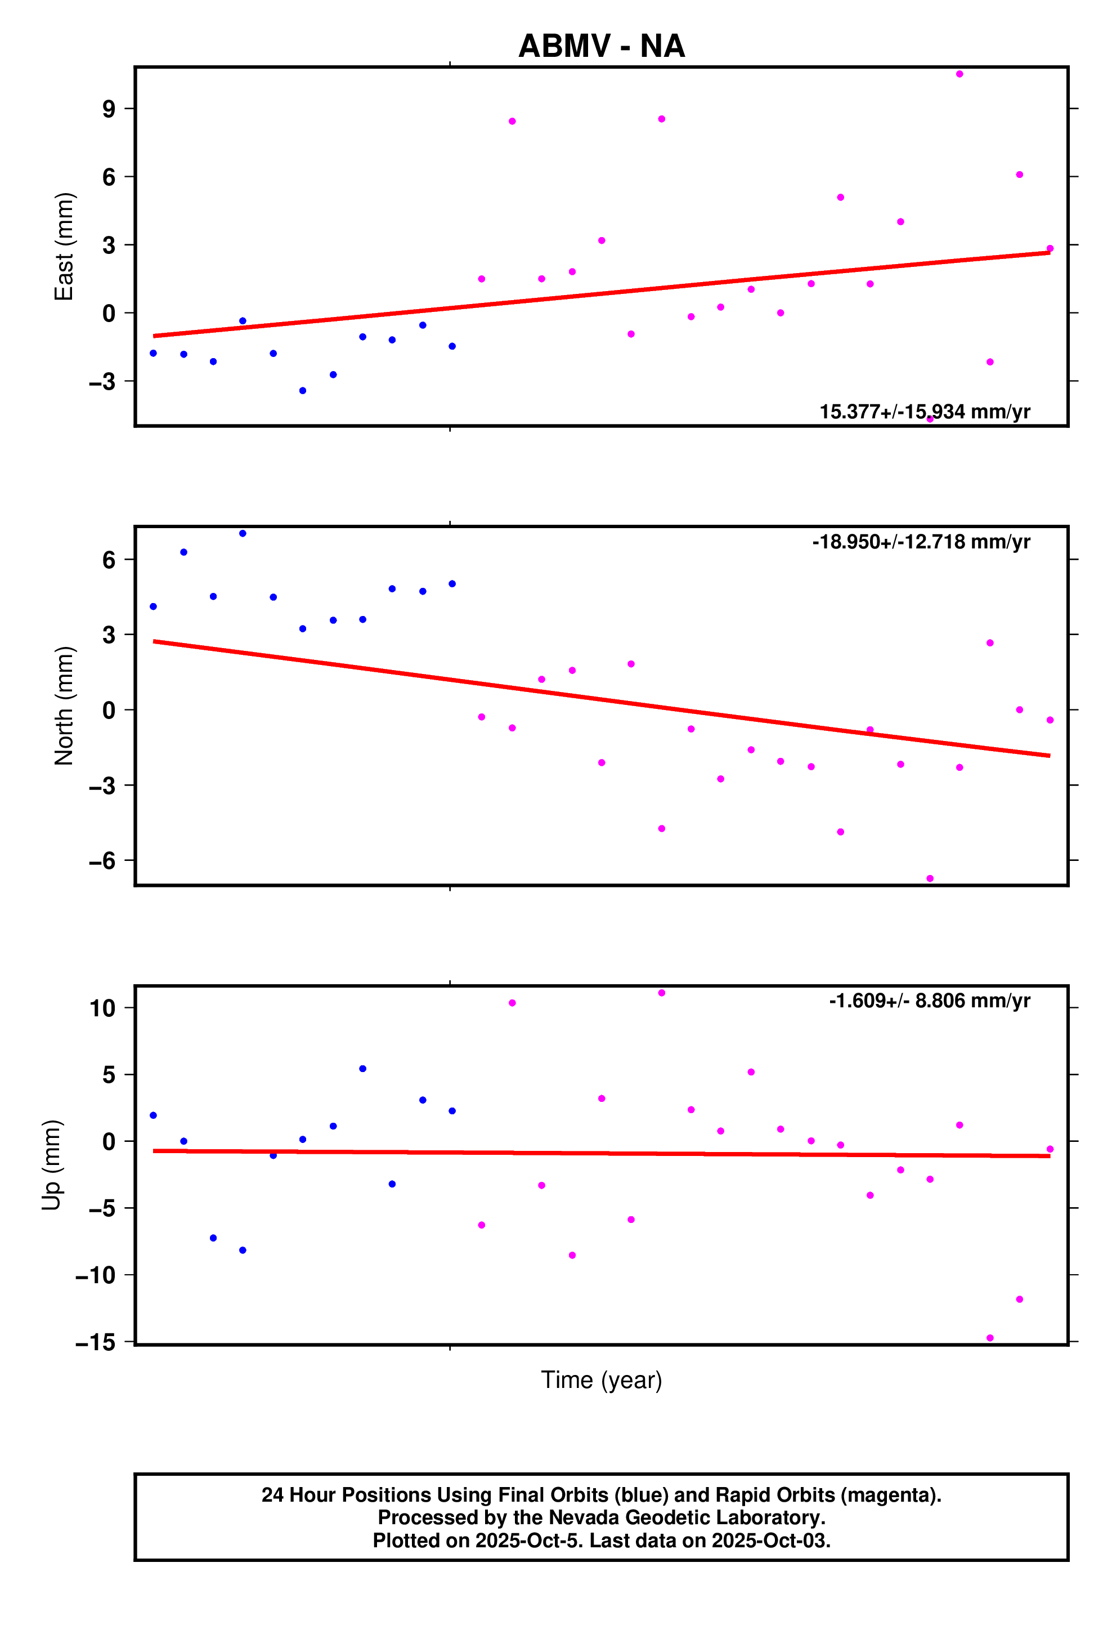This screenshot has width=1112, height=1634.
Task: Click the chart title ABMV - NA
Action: [x=601, y=46]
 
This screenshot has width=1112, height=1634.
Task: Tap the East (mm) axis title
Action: [x=64, y=246]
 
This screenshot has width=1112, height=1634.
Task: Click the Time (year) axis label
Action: [x=601, y=1379]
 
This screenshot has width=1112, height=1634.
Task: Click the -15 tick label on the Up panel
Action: [x=96, y=1342]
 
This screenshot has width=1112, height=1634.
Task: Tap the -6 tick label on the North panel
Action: [x=102, y=860]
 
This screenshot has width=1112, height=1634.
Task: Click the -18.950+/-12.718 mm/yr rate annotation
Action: [x=921, y=542]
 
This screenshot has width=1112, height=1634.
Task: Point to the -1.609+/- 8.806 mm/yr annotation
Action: [x=929, y=1001]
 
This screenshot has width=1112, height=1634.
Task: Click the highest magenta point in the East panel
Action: [x=959, y=74]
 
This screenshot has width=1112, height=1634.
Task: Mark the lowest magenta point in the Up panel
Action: [x=990, y=1338]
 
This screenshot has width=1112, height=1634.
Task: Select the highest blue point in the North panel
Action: [x=243, y=534]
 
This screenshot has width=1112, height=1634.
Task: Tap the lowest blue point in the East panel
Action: [x=302, y=390]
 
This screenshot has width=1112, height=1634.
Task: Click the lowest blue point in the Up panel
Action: [x=243, y=1250]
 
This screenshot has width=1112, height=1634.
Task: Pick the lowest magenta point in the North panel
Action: [x=930, y=878]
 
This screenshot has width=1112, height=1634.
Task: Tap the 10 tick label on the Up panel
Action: [x=102, y=1008]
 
